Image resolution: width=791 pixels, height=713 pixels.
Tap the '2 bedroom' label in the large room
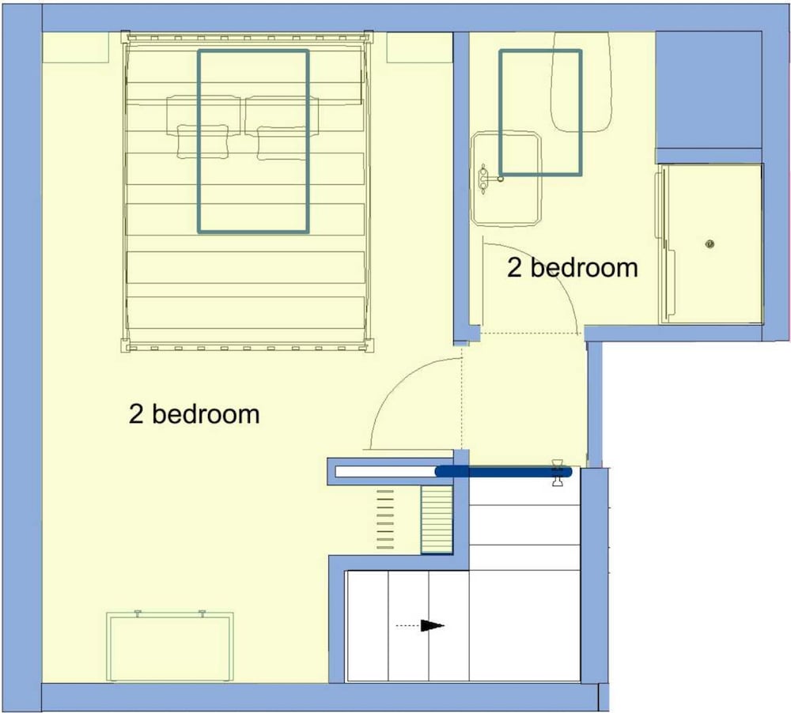[x=195, y=414]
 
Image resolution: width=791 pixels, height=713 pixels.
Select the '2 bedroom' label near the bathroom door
[x=572, y=267]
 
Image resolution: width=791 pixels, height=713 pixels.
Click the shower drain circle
[x=710, y=244]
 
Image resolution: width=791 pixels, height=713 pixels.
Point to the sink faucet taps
[x=483, y=179]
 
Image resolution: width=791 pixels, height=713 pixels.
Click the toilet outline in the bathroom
[x=581, y=82]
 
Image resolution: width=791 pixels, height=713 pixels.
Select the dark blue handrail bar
[x=503, y=472]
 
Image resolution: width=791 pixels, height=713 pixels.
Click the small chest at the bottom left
[x=169, y=646]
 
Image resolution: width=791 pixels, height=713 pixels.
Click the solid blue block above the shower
[x=708, y=90]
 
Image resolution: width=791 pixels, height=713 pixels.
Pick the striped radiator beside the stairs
[x=437, y=519]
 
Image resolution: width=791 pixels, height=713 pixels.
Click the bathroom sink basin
[x=506, y=178]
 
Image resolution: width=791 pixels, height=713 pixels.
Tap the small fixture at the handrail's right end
[x=558, y=473]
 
